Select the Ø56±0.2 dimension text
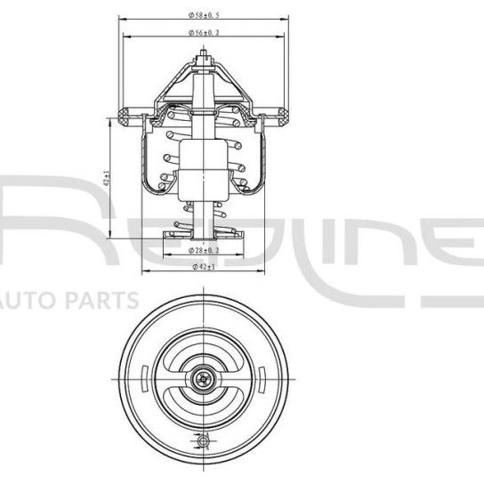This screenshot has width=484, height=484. click(x=206, y=33)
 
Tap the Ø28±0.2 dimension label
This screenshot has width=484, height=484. click(x=206, y=252)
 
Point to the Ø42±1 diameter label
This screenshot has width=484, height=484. click(x=206, y=266)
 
